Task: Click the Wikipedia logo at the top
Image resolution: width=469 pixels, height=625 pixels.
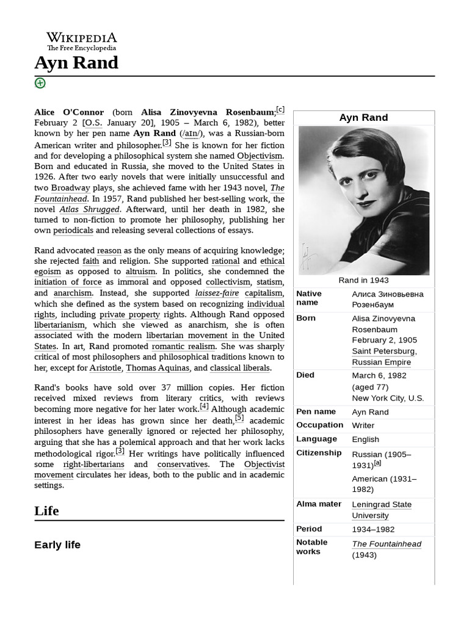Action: click(82, 42)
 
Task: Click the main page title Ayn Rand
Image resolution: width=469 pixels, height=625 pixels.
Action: click(76, 63)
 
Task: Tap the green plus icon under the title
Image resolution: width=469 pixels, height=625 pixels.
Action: click(40, 83)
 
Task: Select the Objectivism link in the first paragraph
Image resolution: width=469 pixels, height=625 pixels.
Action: click(260, 156)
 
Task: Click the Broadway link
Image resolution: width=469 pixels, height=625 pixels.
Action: click(70, 188)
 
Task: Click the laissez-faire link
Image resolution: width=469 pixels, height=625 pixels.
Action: click(217, 293)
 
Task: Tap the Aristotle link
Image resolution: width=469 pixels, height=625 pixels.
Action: click(105, 368)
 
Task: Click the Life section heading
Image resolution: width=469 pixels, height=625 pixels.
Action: click(46, 511)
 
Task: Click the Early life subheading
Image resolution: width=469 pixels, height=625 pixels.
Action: click(57, 544)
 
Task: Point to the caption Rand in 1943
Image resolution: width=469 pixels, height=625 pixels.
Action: click(363, 280)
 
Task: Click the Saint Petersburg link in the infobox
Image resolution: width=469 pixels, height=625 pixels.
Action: click(384, 351)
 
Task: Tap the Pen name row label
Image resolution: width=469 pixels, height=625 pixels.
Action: click(316, 411)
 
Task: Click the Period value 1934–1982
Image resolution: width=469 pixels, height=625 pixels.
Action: click(373, 529)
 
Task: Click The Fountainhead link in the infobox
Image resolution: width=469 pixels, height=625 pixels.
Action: click(386, 544)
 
